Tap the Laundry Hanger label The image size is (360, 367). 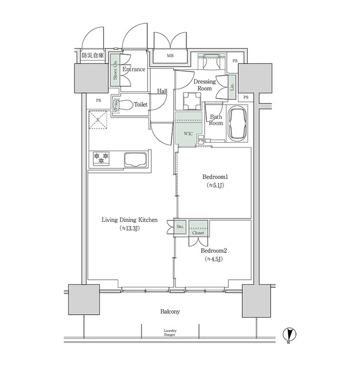pyautogui.click(x=170, y=333)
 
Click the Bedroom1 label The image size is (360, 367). pyautogui.click(x=213, y=177)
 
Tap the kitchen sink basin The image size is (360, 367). pyautogui.click(x=135, y=159)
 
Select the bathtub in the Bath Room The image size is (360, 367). pyautogui.click(x=237, y=123)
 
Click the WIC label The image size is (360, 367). pyautogui.click(x=187, y=134)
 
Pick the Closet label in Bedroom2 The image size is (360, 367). pyautogui.click(x=198, y=233)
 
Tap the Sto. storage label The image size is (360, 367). pyautogui.click(x=179, y=227)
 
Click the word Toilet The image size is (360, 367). pyautogui.click(x=140, y=105)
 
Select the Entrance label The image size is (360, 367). pyautogui.click(x=133, y=69)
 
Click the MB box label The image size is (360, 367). pyautogui.click(x=170, y=56)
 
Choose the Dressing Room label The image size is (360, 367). pyautogui.click(x=205, y=85)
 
